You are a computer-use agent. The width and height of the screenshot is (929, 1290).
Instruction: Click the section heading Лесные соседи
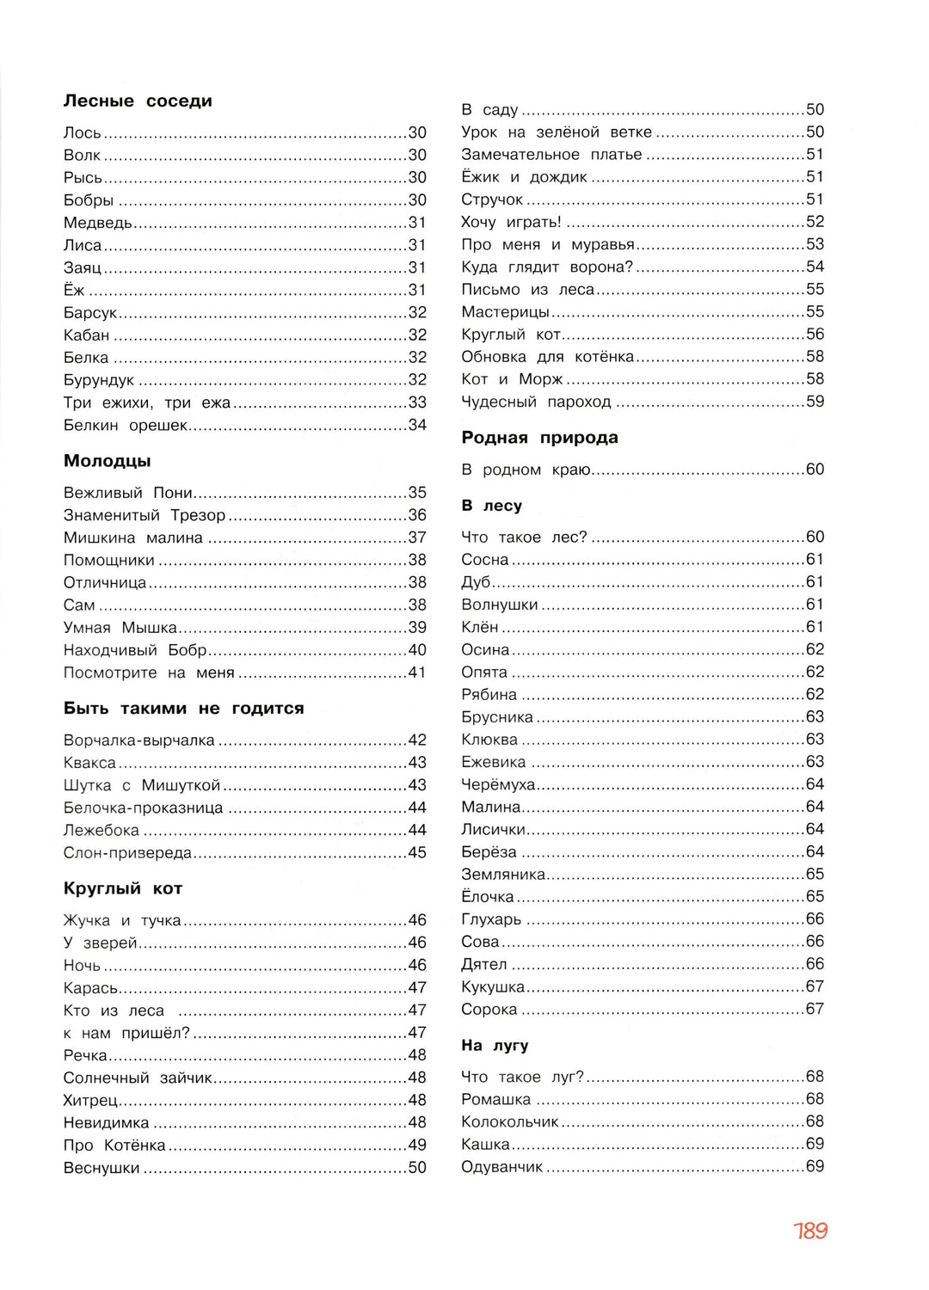[138, 101]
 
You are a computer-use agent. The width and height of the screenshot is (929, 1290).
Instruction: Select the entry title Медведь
[98, 223]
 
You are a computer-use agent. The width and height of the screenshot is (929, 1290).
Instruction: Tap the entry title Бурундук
[99, 380]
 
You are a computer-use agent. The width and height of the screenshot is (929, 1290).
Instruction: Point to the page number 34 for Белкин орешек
[417, 425]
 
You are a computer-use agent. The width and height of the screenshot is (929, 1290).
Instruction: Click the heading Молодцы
[107, 461]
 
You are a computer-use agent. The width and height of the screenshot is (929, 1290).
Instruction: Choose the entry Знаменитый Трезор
[145, 515]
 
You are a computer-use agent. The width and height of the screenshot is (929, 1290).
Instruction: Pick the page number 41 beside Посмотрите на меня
[417, 673]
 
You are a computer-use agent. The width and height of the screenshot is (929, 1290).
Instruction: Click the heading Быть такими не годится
[183, 709]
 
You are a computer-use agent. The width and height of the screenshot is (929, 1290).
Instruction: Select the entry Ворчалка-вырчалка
[139, 740]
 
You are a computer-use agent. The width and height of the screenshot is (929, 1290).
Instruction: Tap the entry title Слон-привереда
[127, 852]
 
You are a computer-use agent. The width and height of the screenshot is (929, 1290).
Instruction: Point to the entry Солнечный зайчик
[138, 1078]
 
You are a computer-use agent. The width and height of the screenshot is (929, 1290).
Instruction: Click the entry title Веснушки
[102, 1168]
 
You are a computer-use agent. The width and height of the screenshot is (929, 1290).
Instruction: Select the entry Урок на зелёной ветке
[557, 132]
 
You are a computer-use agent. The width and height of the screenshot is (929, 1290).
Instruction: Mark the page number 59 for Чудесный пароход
[815, 402]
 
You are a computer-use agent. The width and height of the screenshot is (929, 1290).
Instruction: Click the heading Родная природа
[539, 438]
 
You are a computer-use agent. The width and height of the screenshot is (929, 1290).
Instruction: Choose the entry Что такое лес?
[524, 537]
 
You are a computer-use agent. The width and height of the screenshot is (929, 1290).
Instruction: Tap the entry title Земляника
[503, 875]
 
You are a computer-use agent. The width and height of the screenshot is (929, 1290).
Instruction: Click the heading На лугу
[495, 1046]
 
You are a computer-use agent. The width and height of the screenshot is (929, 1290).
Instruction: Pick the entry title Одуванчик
[502, 1167]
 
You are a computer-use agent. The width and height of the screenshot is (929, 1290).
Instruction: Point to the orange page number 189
[810, 1231]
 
